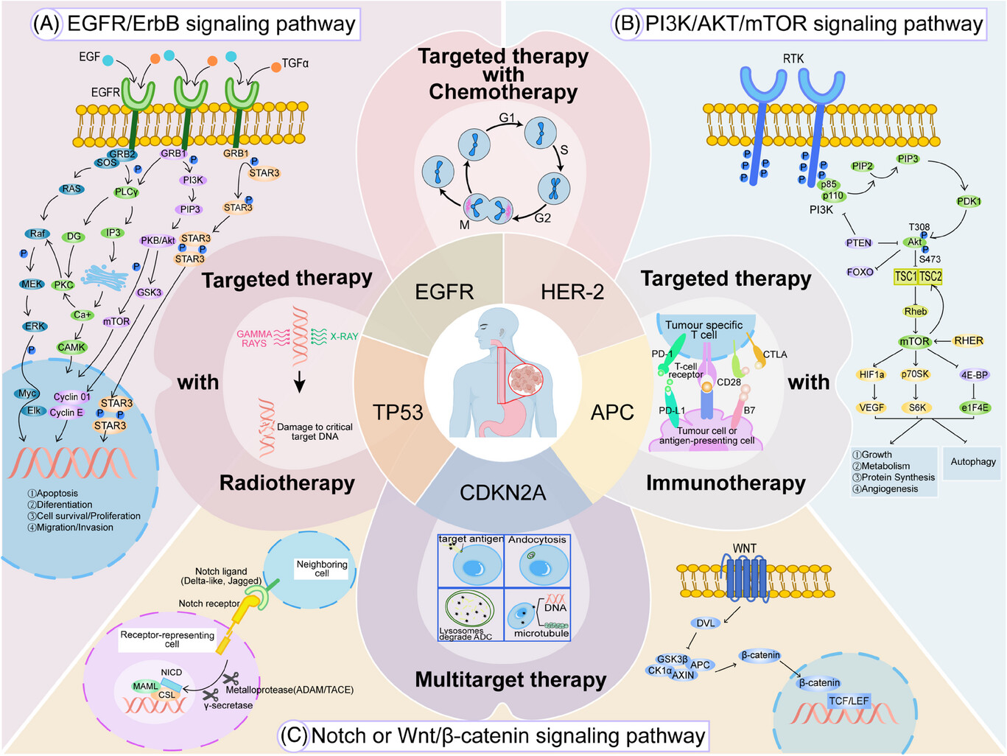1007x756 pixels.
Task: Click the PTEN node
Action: [858, 242]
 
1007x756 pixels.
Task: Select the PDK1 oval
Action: [969, 201]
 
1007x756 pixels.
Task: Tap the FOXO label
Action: [860, 272]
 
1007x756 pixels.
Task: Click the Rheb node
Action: [916, 312]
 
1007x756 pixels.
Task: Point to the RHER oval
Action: [969, 340]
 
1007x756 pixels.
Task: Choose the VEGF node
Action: [871, 407]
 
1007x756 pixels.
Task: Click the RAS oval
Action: [71, 189]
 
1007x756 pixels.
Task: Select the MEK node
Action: [32, 284]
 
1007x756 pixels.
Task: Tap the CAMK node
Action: [71, 347]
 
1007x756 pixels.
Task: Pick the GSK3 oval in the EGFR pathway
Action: [149, 293]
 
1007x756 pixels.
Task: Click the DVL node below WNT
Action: [706, 623]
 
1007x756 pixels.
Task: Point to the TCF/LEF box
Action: [849, 701]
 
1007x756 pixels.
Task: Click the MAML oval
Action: [145, 686]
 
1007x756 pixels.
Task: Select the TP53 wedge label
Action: [397, 412]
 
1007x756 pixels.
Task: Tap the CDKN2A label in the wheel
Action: [503, 493]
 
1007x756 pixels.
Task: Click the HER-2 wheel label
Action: [572, 292]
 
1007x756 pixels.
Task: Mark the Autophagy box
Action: [972, 463]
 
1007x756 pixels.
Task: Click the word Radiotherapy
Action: [287, 483]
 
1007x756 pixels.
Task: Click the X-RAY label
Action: [344, 336]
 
